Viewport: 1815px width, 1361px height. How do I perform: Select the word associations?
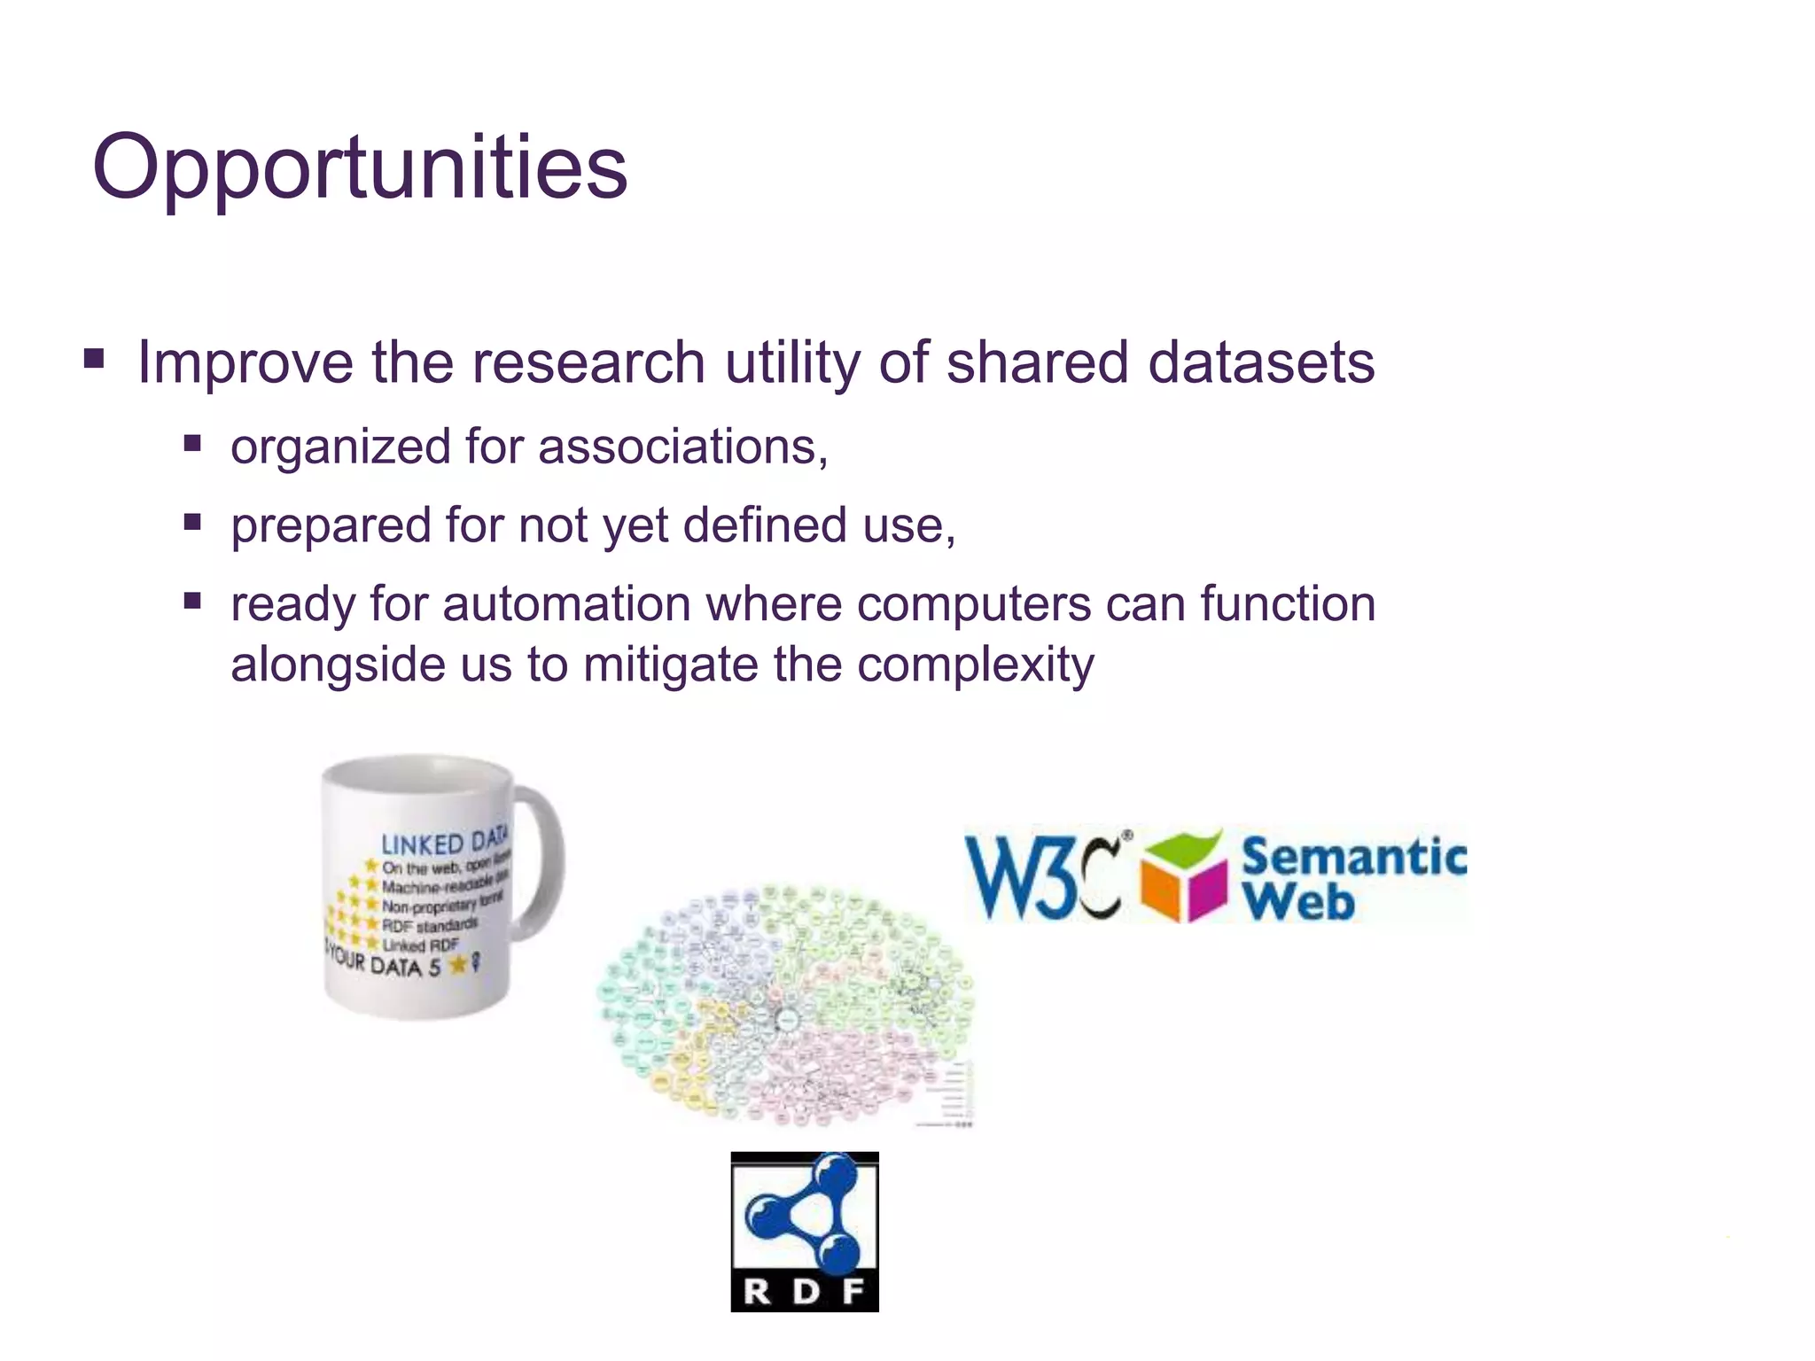tap(682, 447)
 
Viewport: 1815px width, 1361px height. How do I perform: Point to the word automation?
tap(566, 605)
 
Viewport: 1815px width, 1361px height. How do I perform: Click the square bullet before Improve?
tap(94, 359)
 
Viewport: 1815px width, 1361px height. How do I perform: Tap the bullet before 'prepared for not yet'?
tap(192, 522)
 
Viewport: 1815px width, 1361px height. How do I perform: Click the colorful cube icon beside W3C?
tap(1183, 877)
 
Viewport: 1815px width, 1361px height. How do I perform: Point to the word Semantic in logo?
tap(1353, 858)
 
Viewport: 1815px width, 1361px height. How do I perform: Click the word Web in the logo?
tap(1298, 902)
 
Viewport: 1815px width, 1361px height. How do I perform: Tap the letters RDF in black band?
tap(804, 1292)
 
